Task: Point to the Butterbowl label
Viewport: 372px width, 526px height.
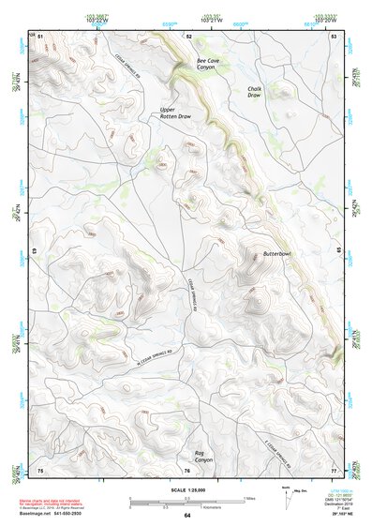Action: coord(277,254)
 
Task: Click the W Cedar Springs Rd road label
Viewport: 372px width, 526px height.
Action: coord(156,353)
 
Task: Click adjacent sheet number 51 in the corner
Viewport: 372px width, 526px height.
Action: coord(40,35)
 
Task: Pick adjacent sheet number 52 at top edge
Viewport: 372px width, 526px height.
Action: coord(188,35)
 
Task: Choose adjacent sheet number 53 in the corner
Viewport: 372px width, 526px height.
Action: coord(334,35)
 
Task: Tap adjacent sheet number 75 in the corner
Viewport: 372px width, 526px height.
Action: coord(40,470)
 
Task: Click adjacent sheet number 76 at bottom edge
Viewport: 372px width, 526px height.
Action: coord(188,470)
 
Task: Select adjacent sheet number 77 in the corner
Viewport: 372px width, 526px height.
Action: coord(334,470)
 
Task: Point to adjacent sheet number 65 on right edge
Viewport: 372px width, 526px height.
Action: coord(338,251)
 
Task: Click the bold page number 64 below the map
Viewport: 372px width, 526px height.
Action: coord(186,517)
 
